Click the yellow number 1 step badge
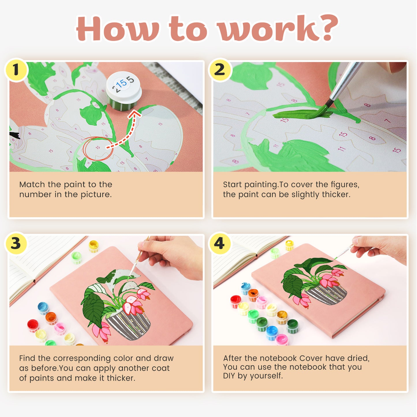coord(16,70)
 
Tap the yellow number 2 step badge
coord(220,70)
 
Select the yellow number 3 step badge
coord(16,243)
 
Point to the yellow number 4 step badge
coord(220,243)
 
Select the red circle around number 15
coord(98,148)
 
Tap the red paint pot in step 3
coord(33,325)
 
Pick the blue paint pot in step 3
coord(43,308)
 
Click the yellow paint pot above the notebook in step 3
coord(94,246)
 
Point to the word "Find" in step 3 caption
coord(27,358)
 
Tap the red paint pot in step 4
coord(236,301)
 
